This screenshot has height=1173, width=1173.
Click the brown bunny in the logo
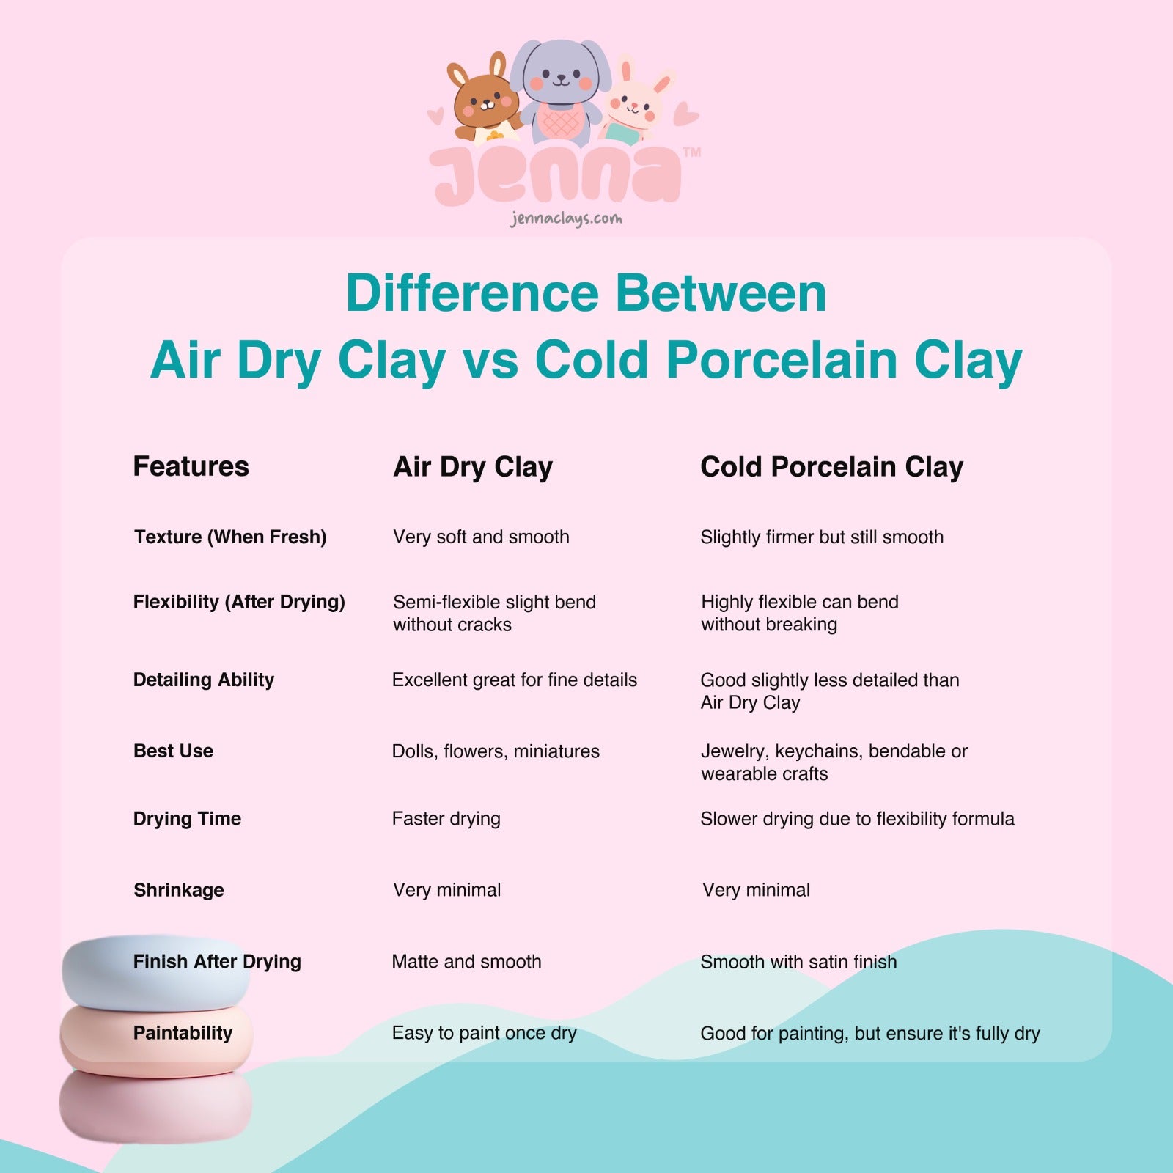point(485,100)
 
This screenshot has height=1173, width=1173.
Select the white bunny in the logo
point(635,103)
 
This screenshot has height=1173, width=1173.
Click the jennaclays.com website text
point(566,218)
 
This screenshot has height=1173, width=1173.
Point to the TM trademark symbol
point(691,152)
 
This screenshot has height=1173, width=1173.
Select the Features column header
point(191,466)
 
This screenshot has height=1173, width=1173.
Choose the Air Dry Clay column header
point(473,468)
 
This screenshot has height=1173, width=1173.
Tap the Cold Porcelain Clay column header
point(831,468)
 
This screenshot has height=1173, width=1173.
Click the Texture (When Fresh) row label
point(230,537)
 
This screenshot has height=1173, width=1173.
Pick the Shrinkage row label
point(179,890)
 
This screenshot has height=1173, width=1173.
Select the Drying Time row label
point(187,819)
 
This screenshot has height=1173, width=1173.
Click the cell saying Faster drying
point(446,819)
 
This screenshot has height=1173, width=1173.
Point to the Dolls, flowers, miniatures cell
point(496,751)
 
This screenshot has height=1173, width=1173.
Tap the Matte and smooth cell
point(466,962)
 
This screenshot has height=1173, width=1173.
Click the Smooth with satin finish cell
point(798,962)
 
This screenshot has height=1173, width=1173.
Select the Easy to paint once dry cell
point(484,1034)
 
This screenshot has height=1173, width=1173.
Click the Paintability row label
point(183,1034)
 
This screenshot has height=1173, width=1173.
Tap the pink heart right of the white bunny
point(686,114)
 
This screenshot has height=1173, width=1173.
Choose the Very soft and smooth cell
point(481,537)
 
